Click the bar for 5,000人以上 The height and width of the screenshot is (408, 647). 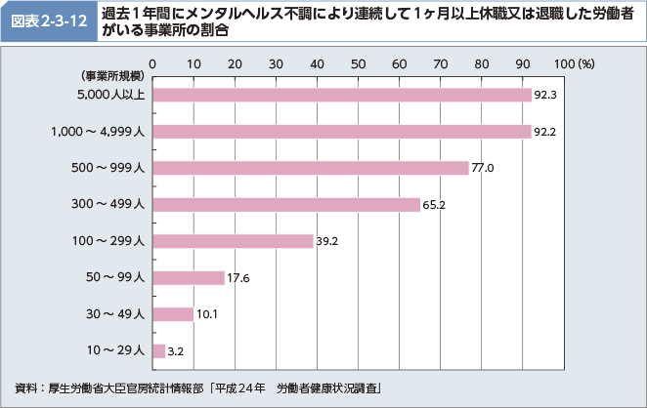click(x=342, y=95)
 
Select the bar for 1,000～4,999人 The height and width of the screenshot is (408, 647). click(x=342, y=131)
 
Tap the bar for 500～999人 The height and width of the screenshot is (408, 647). click(x=311, y=168)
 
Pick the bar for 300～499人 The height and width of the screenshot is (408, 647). click(x=286, y=204)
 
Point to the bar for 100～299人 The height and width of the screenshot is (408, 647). click(x=233, y=241)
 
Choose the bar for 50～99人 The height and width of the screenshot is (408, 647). click(x=189, y=277)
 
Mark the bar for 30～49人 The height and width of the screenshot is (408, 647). click(x=173, y=314)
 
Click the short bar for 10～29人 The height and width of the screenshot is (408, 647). click(x=158, y=350)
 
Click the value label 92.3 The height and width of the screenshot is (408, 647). click(x=545, y=95)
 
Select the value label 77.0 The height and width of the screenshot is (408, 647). click(x=483, y=168)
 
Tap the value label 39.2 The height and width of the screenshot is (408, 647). click(x=326, y=241)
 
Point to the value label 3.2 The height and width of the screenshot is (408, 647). click(x=176, y=350)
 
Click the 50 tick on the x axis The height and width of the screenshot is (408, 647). click(x=358, y=63)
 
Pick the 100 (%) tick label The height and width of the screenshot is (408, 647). click(x=573, y=63)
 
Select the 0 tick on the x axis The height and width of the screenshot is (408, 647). click(x=152, y=63)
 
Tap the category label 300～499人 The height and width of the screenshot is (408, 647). click(x=108, y=204)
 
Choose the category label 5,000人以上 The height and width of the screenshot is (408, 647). click(x=111, y=95)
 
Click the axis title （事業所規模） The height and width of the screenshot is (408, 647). click(x=107, y=75)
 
